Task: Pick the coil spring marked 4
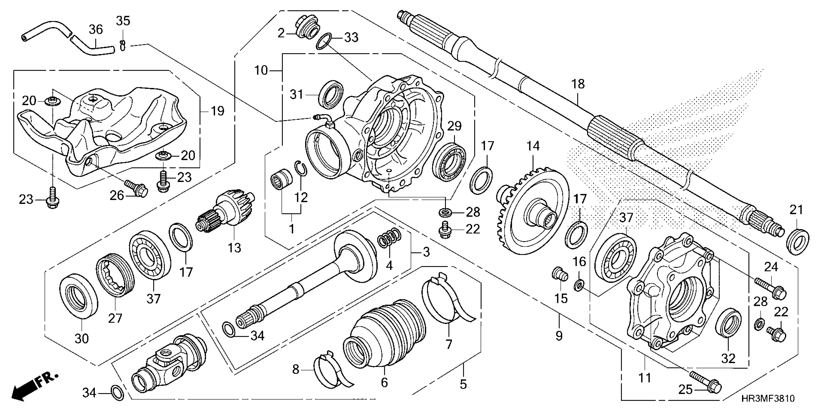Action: (389, 238)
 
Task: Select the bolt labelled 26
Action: (137, 188)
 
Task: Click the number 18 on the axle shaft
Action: (578, 84)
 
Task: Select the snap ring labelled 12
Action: (301, 169)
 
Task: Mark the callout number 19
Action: (218, 111)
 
